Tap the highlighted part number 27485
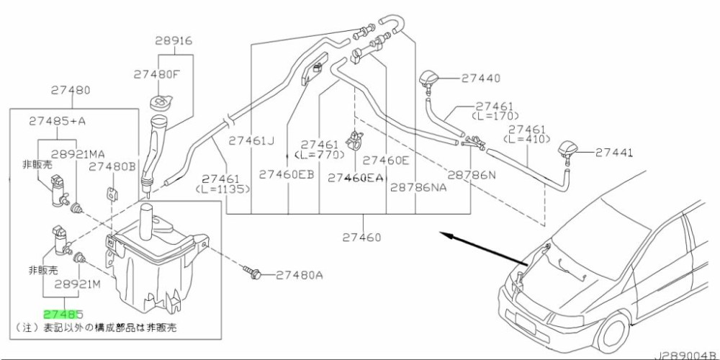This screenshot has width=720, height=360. click(63, 315)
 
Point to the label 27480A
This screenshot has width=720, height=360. click(300, 274)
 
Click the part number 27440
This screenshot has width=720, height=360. click(481, 77)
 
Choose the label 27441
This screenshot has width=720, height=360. click(614, 152)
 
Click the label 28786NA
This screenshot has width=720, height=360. click(419, 187)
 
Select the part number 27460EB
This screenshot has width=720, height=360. click(287, 174)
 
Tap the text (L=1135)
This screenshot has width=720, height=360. click(222, 189)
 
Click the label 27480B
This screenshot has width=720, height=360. click(112, 166)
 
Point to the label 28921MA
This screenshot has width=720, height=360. click(77, 154)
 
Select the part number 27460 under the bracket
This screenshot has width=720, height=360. click(361, 237)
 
